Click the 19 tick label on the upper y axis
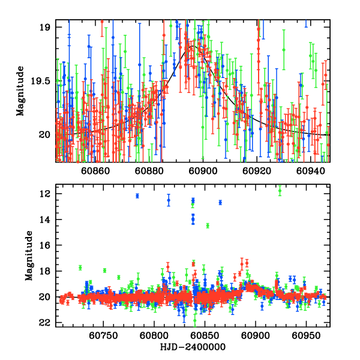45,27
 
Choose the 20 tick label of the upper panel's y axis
45,134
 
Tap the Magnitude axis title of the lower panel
28,256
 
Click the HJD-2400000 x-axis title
193,347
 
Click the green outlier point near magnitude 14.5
208,226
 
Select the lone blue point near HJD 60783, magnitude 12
137,196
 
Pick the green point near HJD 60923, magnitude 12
280,191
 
